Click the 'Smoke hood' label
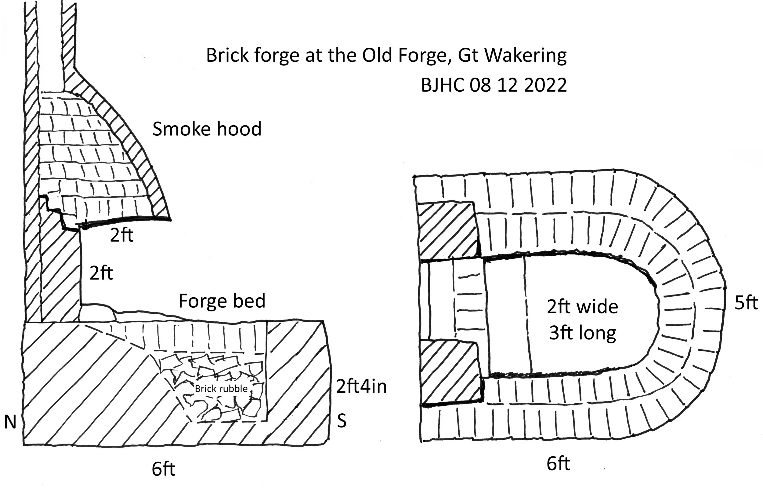click(207, 129)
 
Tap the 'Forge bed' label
click(222, 301)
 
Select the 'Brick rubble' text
click(221, 389)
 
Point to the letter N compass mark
click(10, 422)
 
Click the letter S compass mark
click(342, 421)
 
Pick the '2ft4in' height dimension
click(361, 386)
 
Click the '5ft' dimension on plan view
click(746, 302)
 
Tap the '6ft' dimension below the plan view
click(558, 464)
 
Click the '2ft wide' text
click(583, 307)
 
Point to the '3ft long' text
click(583, 333)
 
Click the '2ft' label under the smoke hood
click(121, 235)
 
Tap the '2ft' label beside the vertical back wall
click(101, 273)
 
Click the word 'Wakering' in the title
click(525, 56)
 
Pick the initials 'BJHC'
click(443, 85)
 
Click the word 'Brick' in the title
click(227, 56)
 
